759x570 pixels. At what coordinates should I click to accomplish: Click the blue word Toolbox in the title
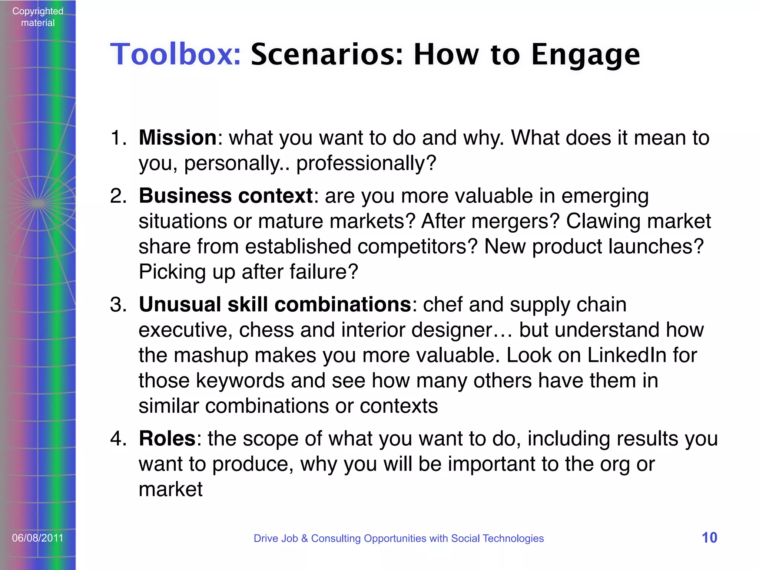pos(176,54)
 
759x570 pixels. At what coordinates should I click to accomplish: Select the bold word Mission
pos(178,138)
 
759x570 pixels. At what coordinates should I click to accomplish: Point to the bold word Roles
pos(167,439)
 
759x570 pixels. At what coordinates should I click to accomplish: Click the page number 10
pos(709,538)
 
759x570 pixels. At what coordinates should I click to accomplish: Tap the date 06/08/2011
pos(38,538)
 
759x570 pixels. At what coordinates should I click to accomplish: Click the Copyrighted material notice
pos(38,17)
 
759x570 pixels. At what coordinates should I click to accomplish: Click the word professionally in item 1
pos(361,163)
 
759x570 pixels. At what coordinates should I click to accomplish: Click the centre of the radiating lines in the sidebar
pos(37,203)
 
